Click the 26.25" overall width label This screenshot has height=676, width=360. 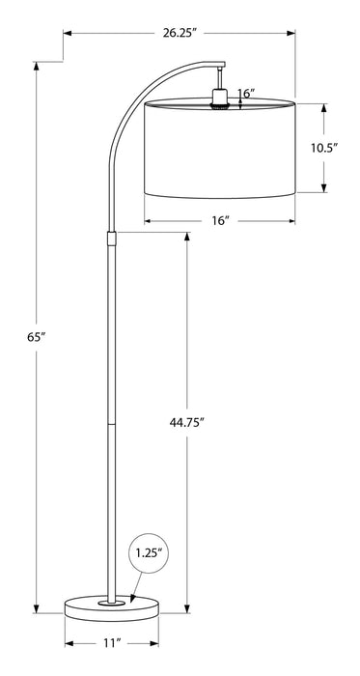(x=180, y=32)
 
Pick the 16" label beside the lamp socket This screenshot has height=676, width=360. (x=245, y=94)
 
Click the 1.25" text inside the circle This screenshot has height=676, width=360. (x=148, y=554)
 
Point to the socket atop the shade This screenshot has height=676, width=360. (x=220, y=98)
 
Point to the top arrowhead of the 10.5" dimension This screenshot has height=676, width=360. (x=323, y=106)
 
